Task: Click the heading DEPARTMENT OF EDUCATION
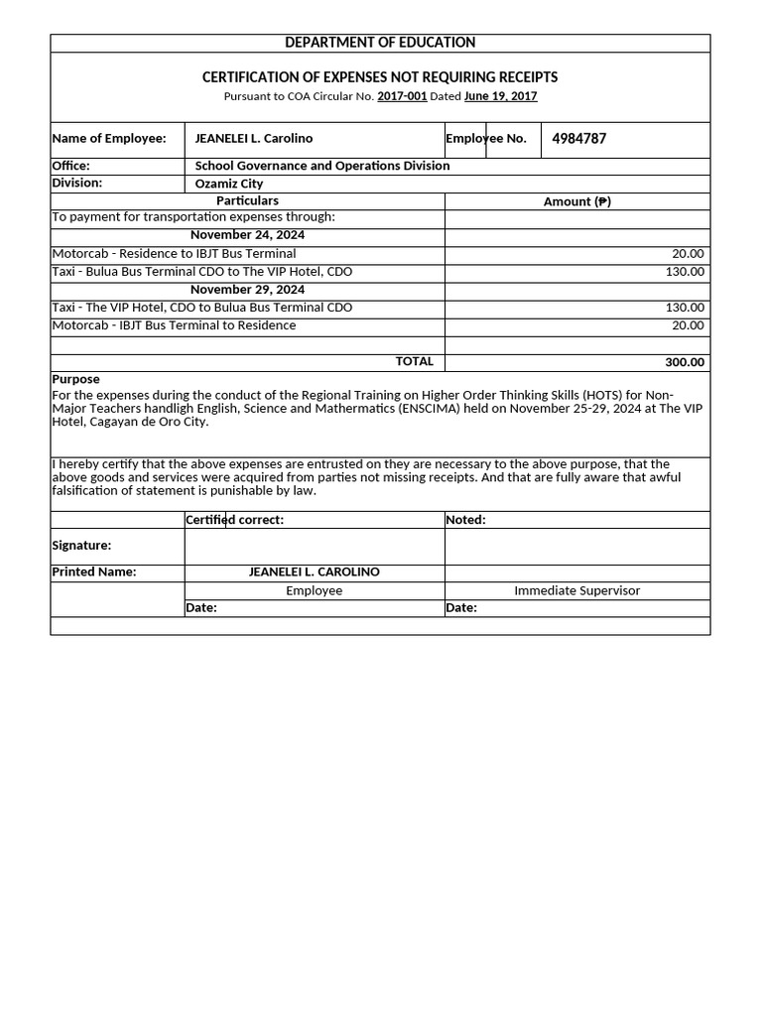(x=380, y=43)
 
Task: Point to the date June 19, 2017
(x=500, y=96)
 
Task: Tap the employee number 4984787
(x=578, y=139)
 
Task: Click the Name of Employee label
(x=109, y=139)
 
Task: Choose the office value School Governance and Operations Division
(x=322, y=166)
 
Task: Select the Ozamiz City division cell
(x=229, y=184)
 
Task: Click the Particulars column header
(x=247, y=201)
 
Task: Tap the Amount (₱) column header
(x=577, y=201)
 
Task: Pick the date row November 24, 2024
(x=247, y=235)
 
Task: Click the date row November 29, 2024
(x=247, y=290)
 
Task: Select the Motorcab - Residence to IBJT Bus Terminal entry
(x=174, y=254)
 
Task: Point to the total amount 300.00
(x=685, y=363)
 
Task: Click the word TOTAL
(x=415, y=362)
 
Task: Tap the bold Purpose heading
(x=75, y=379)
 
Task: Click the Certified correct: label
(x=235, y=520)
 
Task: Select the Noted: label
(x=466, y=520)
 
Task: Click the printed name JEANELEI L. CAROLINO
(x=314, y=572)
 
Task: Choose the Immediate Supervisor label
(x=576, y=590)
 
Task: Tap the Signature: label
(x=81, y=546)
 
